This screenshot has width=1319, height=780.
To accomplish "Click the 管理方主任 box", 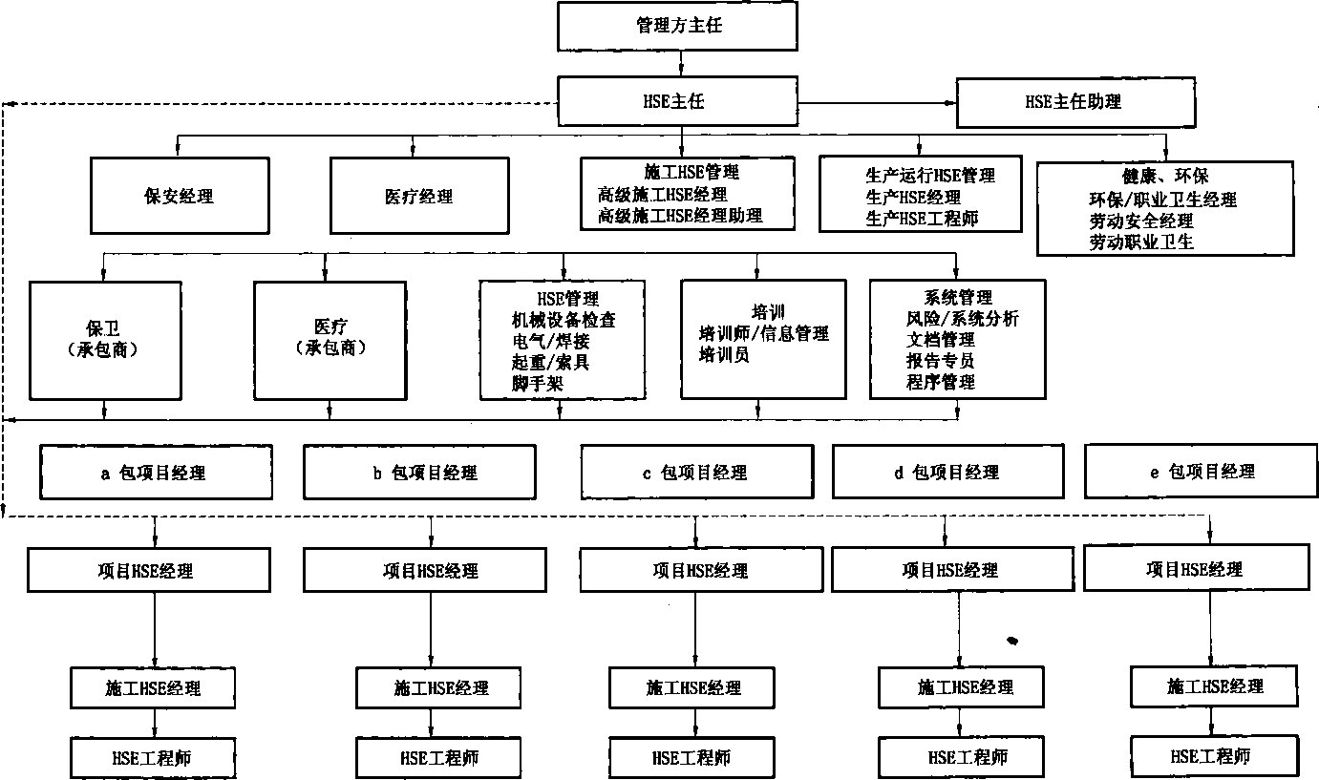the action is [677, 26].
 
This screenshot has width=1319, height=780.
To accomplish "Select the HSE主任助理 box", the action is [1075, 102].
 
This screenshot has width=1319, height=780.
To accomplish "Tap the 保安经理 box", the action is [180, 196].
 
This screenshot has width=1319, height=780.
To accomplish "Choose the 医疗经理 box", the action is [419, 196].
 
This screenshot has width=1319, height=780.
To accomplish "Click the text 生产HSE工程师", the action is [922, 219].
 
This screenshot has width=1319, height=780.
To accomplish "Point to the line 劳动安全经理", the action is [1141, 221].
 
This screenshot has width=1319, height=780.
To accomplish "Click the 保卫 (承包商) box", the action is [105, 341].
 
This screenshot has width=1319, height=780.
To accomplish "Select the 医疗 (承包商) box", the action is [330, 341].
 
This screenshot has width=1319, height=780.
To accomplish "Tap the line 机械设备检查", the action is [564, 320].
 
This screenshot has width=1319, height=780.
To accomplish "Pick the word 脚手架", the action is [538, 384].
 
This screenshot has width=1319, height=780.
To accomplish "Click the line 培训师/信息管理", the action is [764, 334].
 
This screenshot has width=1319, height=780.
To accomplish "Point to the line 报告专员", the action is [941, 361].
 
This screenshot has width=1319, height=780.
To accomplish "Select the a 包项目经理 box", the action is [156, 473].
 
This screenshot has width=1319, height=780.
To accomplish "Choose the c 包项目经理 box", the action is [697, 472].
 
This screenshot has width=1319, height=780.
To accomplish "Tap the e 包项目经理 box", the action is [1201, 471].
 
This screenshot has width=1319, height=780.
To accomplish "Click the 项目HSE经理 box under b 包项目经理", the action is [425, 570].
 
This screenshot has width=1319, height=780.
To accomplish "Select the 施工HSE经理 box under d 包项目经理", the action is [961, 687].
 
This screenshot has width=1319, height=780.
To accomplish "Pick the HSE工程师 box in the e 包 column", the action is [1214, 756].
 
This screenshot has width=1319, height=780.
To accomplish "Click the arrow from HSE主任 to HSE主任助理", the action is [878, 103].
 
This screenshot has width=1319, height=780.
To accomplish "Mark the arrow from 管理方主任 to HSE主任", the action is [681, 64].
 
